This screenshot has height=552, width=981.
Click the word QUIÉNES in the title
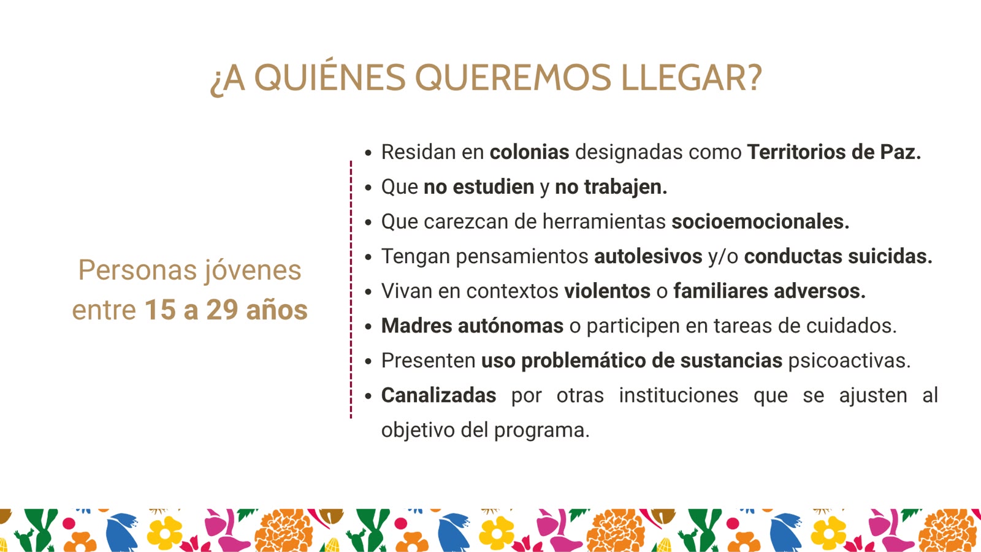(330, 77)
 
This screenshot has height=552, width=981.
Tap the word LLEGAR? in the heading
(692, 77)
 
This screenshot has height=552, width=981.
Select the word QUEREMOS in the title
(513, 77)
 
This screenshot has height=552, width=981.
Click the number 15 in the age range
(161, 310)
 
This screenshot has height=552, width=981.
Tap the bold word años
(277, 310)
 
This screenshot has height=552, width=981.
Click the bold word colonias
(530, 152)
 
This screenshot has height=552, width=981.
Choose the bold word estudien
(494, 186)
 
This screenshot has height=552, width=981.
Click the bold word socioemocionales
(761, 221)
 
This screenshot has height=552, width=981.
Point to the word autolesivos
(648, 256)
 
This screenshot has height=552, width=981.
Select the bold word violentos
(608, 291)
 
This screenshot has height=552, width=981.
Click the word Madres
(416, 326)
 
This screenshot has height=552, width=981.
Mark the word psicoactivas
(849, 361)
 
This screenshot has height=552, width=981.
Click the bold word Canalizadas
(439, 395)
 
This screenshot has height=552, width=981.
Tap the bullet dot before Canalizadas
(368, 396)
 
